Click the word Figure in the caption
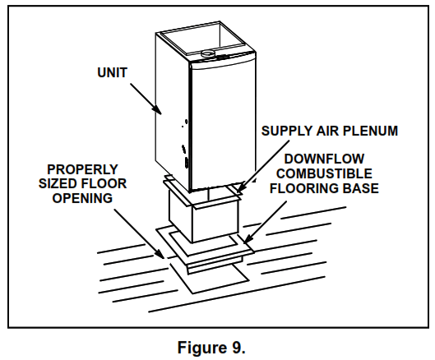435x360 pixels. [200, 347]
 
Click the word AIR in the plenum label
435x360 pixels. [323, 131]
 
